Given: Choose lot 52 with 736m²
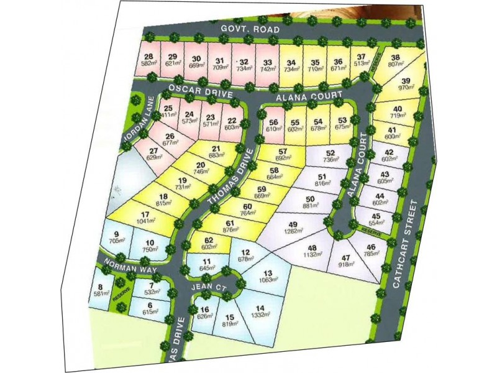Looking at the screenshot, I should [331, 156].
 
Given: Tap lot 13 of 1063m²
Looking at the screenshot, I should [267, 277].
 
